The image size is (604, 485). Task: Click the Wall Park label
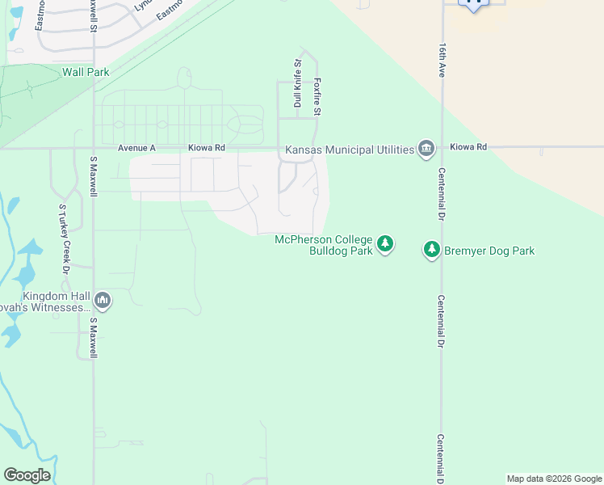pyautogui.click(x=86, y=72)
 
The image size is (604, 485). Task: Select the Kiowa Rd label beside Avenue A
pyautogui.click(x=206, y=148)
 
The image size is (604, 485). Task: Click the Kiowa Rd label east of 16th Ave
pyautogui.click(x=469, y=147)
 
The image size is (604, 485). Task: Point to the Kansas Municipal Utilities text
pyautogui.click(x=349, y=150)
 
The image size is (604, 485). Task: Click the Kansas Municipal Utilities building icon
pyautogui.click(x=426, y=149)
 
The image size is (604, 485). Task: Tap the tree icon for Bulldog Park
pyautogui.click(x=385, y=244)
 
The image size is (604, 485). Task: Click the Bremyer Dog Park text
pyautogui.click(x=489, y=251)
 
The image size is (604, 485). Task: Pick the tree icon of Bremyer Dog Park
pyautogui.click(x=432, y=250)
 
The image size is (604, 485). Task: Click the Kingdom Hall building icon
pyautogui.click(x=103, y=302)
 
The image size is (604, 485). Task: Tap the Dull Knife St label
pyautogui.click(x=297, y=83)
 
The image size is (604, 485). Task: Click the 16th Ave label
pyautogui.click(x=443, y=60)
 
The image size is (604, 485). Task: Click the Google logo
pyautogui.click(x=27, y=475)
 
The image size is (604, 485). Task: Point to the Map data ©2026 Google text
pyautogui.click(x=553, y=479)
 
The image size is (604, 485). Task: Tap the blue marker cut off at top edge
pyautogui.click(x=473, y=4)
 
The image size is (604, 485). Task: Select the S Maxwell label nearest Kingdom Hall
pyautogui.click(x=94, y=338)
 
